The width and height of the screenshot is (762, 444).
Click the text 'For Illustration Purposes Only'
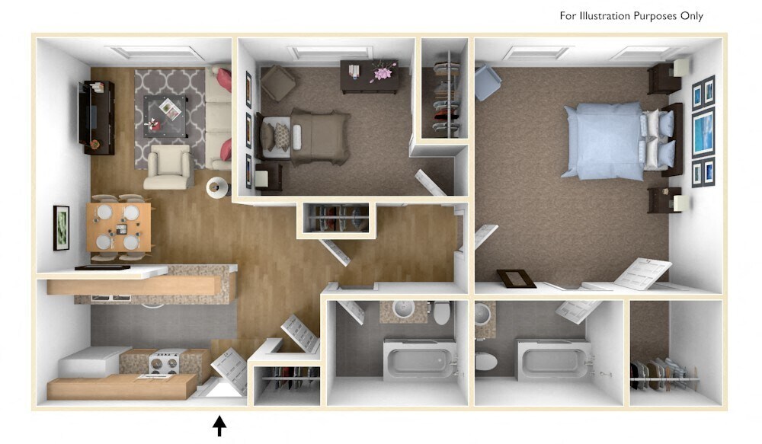[x=631, y=16]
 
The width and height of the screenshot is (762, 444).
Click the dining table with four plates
[x=118, y=226]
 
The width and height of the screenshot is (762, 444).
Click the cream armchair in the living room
[x=168, y=167]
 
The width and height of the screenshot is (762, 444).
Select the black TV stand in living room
[x=98, y=117]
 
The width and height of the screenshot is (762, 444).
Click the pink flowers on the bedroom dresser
[x=381, y=74]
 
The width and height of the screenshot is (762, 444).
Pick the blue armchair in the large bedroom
[x=487, y=82]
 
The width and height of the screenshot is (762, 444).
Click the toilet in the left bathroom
[x=441, y=312]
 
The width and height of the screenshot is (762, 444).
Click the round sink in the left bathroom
[x=405, y=309]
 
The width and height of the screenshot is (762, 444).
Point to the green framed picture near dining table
[x=61, y=227]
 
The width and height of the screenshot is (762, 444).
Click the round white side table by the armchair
[x=217, y=186]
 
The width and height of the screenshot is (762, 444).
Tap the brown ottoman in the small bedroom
[x=278, y=82]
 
